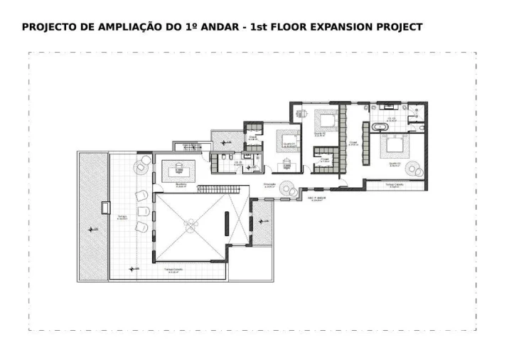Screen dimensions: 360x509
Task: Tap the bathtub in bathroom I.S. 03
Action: click(x=377, y=127)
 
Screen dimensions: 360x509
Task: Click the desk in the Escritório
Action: click(x=179, y=169)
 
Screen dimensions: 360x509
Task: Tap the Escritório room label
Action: click(x=181, y=185)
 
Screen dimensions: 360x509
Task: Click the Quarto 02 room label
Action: click(x=319, y=133)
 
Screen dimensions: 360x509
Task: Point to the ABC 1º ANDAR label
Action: click(x=316, y=198)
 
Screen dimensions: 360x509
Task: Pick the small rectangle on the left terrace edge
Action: click(x=107, y=208)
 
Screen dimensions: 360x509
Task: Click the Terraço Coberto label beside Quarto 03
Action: click(x=395, y=184)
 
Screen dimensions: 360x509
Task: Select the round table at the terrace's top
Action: click(x=144, y=165)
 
